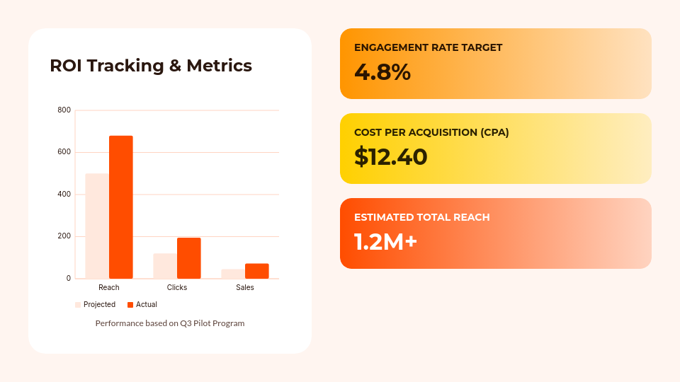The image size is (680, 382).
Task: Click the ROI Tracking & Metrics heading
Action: pyautogui.click(x=151, y=66)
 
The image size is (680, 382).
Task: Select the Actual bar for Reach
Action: pyautogui.click(x=121, y=207)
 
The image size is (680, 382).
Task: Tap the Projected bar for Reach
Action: pyautogui.click(x=97, y=226)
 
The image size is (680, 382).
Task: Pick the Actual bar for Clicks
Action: pyautogui.click(x=189, y=258)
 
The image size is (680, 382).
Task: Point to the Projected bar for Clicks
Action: pyautogui.click(x=165, y=266)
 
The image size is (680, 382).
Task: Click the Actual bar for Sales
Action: pyautogui.click(x=257, y=271)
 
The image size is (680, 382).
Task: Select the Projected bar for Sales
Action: pyautogui.click(x=233, y=274)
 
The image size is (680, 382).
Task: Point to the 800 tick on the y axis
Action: pyautogui.click(x=64, y=110)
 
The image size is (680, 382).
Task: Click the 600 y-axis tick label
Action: pyautogui.click(x=64, y=152)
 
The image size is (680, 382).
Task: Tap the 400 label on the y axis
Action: pyautogui.click(x=64, y=195)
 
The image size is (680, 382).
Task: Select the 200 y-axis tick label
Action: pyautogui.click(x=64, y=236)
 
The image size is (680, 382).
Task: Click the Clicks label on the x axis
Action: pyautogui.click(x=177, y=288)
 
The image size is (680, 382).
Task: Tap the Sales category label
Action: pyautogui.click(x=245, y=288)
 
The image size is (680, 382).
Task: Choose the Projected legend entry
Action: pyautogui.click(x=96, y=305)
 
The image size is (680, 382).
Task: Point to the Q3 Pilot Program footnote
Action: pyautogui.click(x=170, y=323)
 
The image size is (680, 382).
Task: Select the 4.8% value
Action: pyautogui.click(x=382, y=72)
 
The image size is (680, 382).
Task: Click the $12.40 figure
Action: pyautogui.click(x=391, y=157)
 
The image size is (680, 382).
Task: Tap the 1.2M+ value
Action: pyautogui.click(x=386, y=242)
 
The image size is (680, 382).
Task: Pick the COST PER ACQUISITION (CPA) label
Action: pyautogui.click(x=431, y=132)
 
